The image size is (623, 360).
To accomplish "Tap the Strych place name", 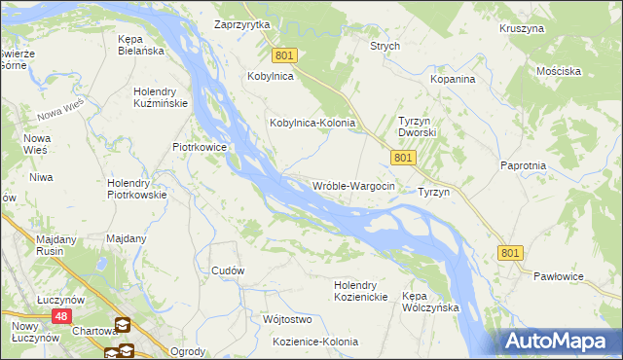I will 385,46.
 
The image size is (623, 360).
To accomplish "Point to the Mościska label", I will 559,71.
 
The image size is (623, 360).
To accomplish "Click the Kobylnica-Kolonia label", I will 311,124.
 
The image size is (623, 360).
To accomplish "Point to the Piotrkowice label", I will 200,147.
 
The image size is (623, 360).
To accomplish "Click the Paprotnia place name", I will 523,165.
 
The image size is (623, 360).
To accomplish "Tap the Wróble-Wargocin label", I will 352,185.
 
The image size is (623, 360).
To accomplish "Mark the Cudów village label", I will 228,270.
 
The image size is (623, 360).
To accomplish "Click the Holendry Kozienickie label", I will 361,290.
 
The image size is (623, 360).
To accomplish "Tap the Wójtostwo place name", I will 286,319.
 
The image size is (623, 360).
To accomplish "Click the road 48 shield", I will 61,316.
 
